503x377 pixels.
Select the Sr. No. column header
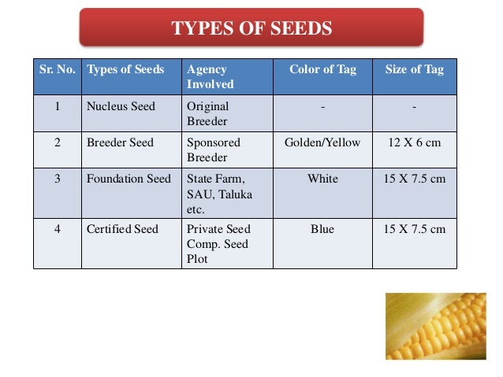point(58,69)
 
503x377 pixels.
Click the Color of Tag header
point(322,69)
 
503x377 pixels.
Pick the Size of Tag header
point(414,69)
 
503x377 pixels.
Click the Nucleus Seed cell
point(121,106)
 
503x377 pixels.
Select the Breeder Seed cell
point(120,142)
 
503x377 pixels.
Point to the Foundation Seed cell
point(129,179)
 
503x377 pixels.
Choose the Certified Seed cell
point(122,229)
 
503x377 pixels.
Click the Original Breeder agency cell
point(207,113)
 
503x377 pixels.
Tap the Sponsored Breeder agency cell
point(214,150)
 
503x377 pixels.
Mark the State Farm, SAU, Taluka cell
point(218,194)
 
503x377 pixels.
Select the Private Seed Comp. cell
point(218,244)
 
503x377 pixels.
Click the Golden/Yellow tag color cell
point(322,142)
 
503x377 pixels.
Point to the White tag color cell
point(322,179)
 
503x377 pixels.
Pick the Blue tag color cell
point(322,229)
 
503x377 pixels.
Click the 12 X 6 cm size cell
point(414,142)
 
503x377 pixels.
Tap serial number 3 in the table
point(58,179)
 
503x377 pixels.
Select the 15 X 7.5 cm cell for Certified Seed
point(414,229)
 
